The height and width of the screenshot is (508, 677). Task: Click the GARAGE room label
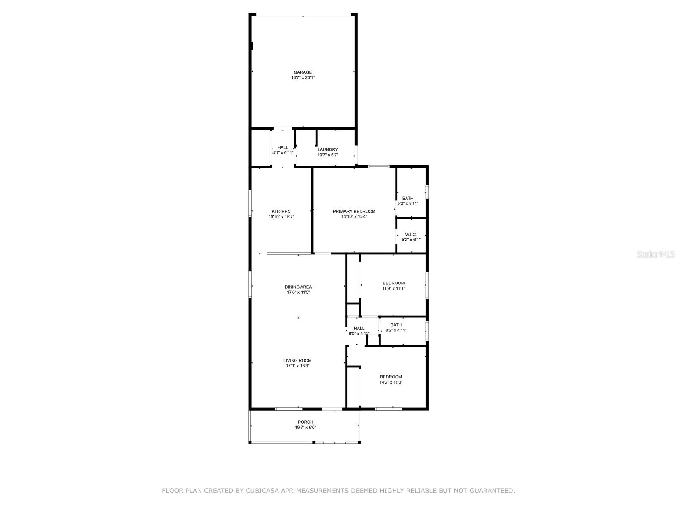(303, 72)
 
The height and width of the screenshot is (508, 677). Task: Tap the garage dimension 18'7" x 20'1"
(303, 78)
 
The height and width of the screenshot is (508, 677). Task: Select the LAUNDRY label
(328, 149)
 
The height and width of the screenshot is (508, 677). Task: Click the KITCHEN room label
(281, 212)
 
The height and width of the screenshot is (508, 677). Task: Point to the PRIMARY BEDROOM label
(354, 211)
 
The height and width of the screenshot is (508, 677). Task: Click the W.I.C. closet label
(411, 235)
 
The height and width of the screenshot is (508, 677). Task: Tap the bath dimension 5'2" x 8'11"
(408, 204)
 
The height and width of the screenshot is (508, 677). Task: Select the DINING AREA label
(298, 287)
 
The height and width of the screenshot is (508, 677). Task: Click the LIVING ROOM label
(297, 361)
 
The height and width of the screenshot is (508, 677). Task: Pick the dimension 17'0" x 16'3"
(298, 366)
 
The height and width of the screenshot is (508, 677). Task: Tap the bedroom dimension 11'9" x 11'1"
(394, 289)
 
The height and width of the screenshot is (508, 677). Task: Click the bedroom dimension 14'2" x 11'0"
(391, 382)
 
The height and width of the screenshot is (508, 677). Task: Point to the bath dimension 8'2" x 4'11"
(396, 330)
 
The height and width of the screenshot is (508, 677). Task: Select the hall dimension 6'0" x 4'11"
(359, 334)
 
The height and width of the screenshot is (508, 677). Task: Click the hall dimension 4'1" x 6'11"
(283, 152)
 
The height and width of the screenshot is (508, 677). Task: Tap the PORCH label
(305, 422)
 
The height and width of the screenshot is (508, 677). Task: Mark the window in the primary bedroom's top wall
(378, 166)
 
